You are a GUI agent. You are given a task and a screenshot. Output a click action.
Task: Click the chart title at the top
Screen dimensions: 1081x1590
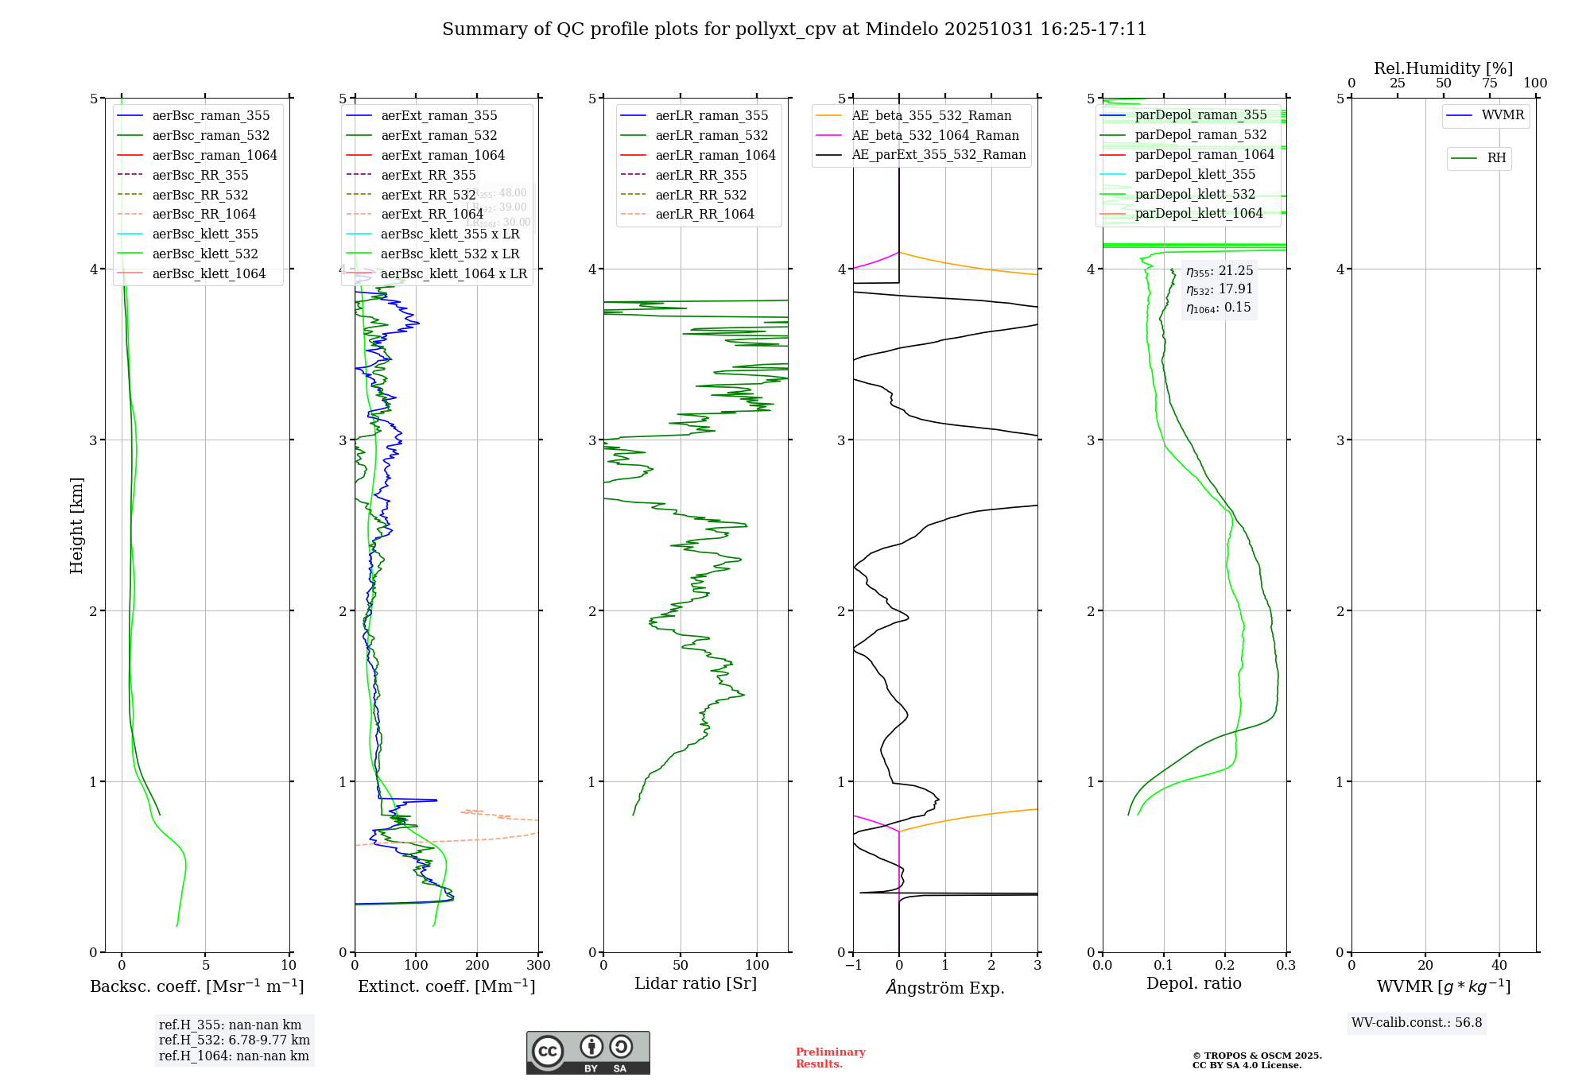coord(794,29)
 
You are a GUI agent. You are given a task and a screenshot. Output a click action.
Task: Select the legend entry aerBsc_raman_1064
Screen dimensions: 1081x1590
coord(215,155)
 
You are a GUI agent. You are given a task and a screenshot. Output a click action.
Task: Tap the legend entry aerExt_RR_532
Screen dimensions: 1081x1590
coord(429,195)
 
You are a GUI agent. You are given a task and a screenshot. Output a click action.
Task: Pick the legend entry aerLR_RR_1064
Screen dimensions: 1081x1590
coord(704,214)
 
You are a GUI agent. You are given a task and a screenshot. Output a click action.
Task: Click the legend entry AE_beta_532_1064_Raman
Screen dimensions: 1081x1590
coord(935,135)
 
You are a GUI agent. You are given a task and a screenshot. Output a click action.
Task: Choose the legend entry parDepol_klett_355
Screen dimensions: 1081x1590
coord(1195,174)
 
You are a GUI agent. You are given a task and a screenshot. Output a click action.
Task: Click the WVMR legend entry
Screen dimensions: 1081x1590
coord(1503,115)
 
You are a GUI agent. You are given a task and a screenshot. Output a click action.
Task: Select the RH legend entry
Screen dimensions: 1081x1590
coord(1496,158)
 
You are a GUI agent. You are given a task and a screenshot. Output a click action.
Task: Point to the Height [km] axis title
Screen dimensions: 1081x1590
coord(76,525)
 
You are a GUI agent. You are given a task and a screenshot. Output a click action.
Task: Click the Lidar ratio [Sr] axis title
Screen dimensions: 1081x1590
coord(696,983)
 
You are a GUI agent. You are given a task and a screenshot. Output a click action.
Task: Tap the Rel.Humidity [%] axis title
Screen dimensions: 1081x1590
coord(1443,68)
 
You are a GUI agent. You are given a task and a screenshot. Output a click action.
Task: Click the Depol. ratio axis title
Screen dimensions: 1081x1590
coord(1193,983)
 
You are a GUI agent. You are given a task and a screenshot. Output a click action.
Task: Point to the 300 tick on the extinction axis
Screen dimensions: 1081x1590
coord(538,966)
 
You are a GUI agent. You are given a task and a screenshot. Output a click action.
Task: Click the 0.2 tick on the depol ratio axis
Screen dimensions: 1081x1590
coord(1225,966)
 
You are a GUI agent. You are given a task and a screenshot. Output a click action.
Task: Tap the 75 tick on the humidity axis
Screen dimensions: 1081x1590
coord(1489,83)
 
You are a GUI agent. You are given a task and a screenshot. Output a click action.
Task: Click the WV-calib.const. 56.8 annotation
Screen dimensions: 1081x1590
coord(1417,1022)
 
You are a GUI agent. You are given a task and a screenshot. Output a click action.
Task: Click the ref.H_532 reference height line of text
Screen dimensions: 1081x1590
coord(235,1040)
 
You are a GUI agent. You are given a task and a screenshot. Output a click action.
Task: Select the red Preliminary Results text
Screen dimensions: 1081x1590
coord(830,1058)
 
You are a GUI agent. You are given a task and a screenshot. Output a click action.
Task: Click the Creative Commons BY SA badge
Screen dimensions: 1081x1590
coord(588,1052)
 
